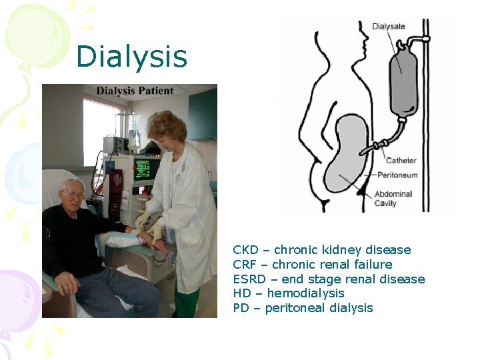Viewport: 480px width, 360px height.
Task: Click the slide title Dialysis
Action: (x=131, y=57)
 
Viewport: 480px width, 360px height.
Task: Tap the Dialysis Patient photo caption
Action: (x=135, y=91)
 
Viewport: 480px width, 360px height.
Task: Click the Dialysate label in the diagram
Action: (x=388, y=27)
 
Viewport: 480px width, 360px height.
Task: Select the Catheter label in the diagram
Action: (x=401, y=160)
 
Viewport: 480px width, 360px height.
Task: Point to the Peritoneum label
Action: (x=397, y=175)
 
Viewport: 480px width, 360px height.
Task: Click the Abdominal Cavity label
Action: (x=393, y=198)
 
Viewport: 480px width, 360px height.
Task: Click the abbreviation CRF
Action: (x=245, y=265)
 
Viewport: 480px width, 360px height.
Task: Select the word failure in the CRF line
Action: (x=369, y=265)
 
